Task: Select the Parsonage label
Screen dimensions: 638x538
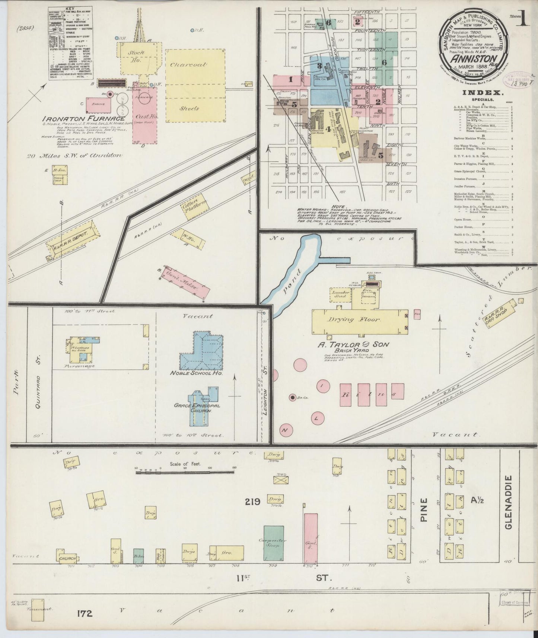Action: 79,366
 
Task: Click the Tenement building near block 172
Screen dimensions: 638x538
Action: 37,610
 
